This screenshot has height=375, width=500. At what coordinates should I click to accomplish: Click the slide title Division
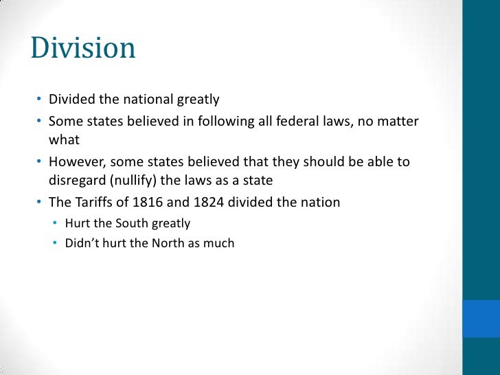pyautogui.click(x=83, y=49)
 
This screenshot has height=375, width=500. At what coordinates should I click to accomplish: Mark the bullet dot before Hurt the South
pyautogui.click(x=56, y=223)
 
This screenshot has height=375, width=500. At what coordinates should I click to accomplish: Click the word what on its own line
pyautogui.click(x=64, y=141)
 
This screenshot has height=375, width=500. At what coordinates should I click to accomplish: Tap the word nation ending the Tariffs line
pyautogui.click(x=320, y=203)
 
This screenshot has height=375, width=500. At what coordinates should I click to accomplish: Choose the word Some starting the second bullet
pyautogui.click(x=64, y=122)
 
